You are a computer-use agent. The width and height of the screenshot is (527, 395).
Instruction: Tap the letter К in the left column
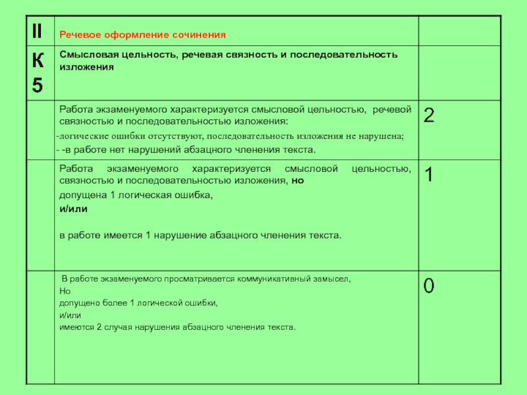[x=39, y=61]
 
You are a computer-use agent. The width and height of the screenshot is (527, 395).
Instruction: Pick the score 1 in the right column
[x=429, y=174]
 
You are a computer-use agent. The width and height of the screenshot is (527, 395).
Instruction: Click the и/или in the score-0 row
[x=69, y=315]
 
